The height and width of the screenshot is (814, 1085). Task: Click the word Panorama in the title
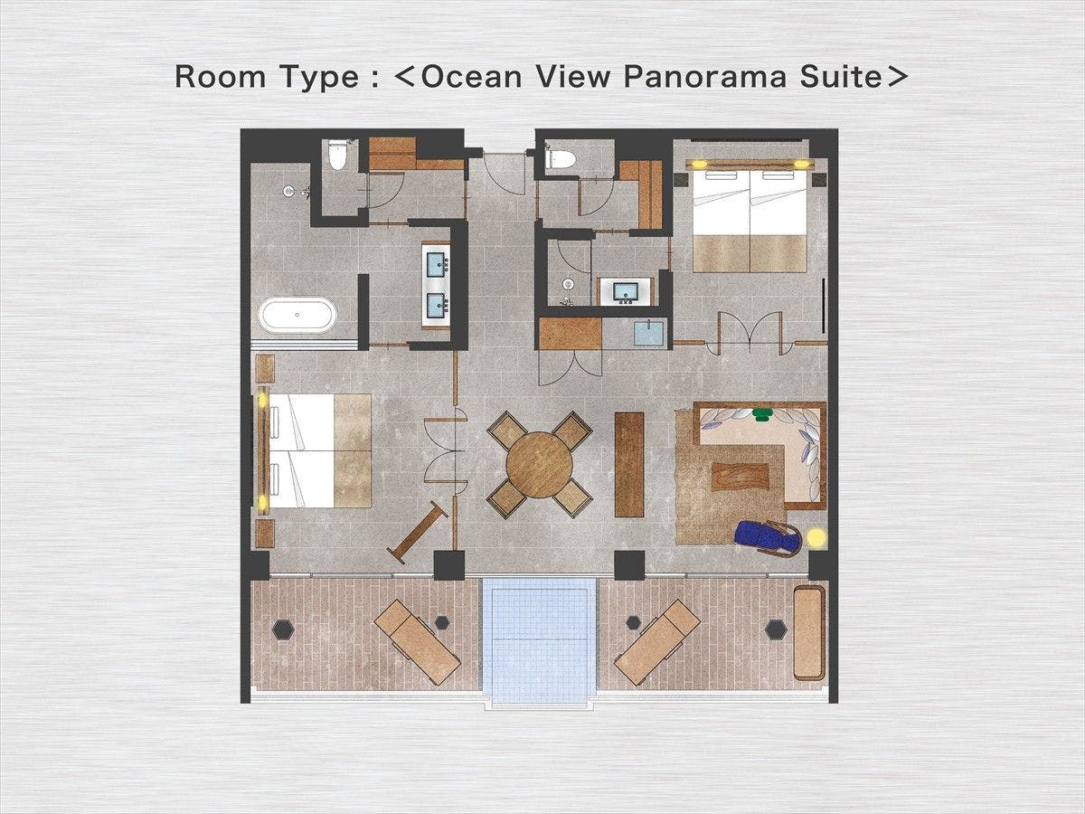click(705, 77)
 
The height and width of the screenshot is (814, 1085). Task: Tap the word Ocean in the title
click(472, 77)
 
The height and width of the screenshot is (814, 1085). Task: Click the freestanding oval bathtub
click(297, 315)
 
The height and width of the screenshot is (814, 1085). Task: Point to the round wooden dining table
click(539, 465)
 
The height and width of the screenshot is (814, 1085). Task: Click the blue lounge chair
click(768, 538)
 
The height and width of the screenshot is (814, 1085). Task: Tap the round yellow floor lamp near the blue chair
click(816, 538)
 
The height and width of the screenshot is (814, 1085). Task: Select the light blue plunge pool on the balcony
click(539, 641)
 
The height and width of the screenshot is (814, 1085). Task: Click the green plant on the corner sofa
click(761, 414)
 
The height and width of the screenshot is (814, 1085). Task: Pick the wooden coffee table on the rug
click(741, 477)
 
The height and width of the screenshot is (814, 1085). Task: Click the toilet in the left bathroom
click(337, 154)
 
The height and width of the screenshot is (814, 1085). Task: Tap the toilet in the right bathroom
click(561, 159)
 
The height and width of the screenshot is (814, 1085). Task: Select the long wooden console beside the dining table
click(629, 465)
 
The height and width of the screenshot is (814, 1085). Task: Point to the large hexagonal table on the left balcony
click(284, 629)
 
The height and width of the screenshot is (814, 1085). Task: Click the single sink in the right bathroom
click(626, 291)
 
